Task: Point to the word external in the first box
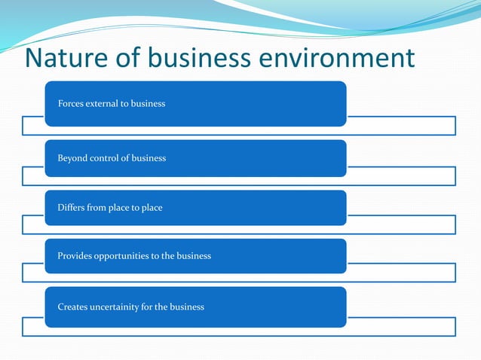click(108, 103)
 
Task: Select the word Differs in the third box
click(71, 208)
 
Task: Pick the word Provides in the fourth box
click(75, 256)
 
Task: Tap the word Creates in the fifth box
click(72, 307)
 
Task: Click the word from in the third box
click(97, 208)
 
